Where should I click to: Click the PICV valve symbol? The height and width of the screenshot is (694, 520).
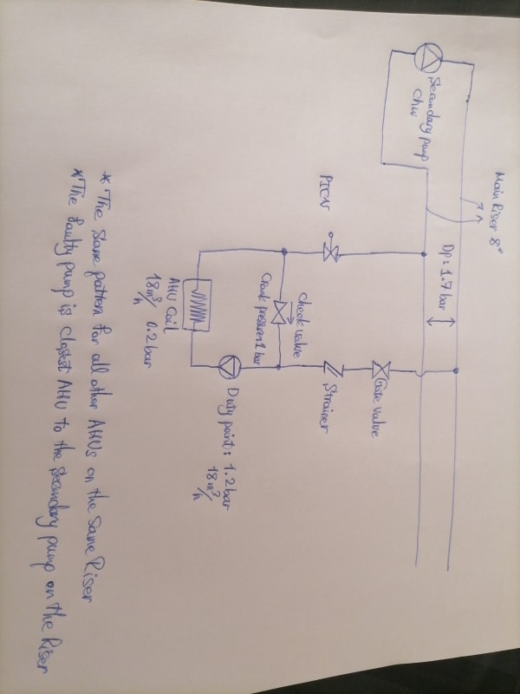click(330, 253)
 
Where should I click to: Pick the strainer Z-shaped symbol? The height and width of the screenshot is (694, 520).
click(327, 368)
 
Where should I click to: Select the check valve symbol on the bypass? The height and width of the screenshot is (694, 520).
click(278, 312)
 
